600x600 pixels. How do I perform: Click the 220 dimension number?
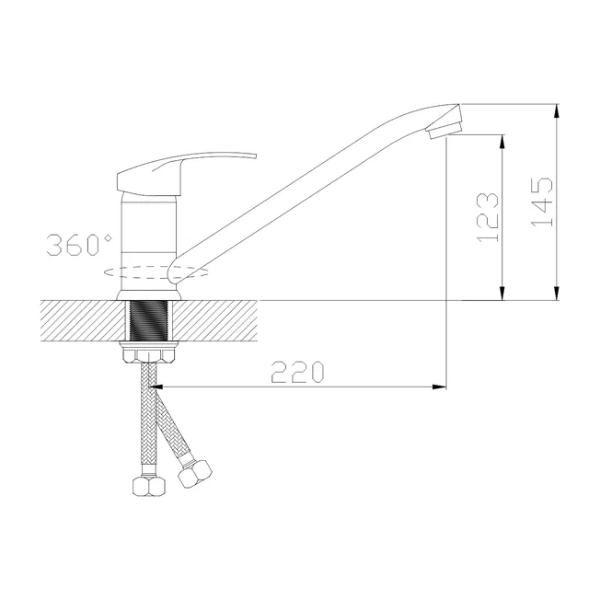298,372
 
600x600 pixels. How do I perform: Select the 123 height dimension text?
488,217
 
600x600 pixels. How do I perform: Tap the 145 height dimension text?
542,202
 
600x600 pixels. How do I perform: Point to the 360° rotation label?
79,245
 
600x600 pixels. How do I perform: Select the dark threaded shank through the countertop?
149,320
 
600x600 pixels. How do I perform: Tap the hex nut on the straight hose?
149,486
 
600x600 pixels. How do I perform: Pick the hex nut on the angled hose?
195,474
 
